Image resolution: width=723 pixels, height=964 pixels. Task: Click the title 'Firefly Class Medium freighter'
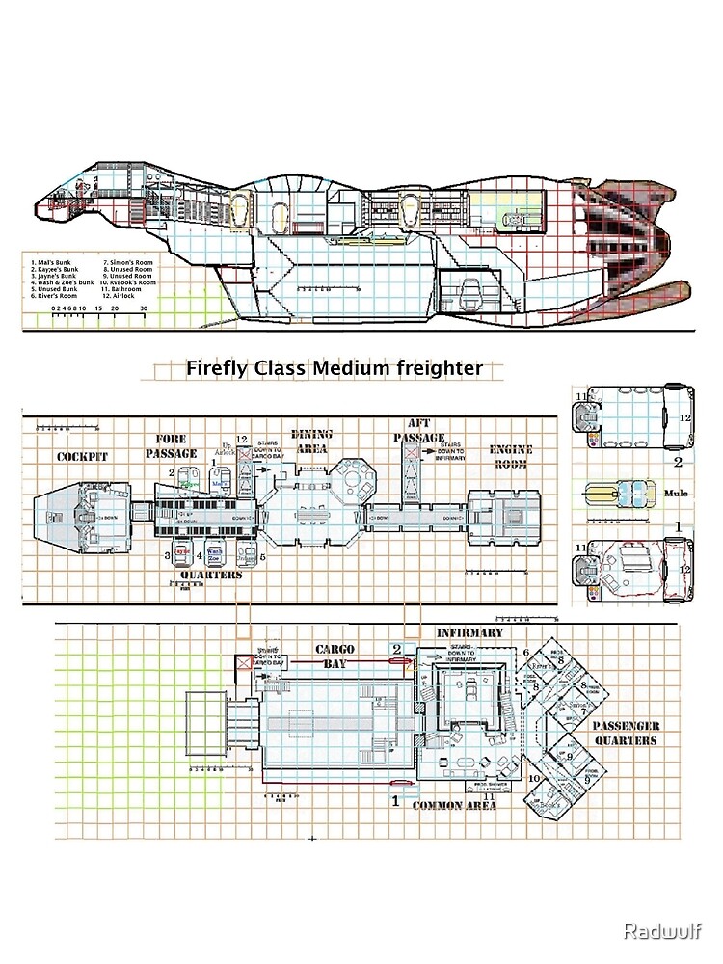point(334,366)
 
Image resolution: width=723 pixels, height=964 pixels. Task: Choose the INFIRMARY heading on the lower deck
point(469,633)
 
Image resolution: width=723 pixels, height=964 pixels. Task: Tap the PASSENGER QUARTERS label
point(625,733)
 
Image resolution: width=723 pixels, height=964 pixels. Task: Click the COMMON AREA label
point(454,805)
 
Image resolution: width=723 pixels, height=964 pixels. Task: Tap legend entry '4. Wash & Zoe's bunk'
point(62,282)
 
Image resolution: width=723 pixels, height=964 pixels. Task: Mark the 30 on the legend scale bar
point(144,308)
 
